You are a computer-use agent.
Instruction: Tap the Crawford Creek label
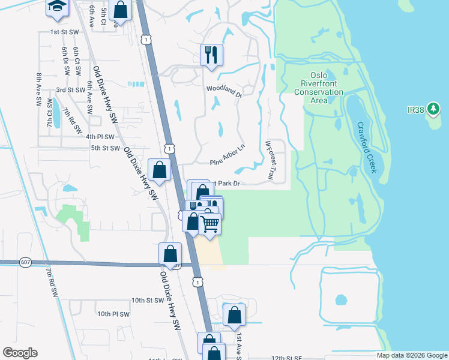(x=366, y=147)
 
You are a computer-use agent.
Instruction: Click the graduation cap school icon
(x=58, y=7)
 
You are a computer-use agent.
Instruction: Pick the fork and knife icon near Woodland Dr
(x=211, y=55)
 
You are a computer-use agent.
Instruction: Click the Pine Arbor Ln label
(x=228, y=154)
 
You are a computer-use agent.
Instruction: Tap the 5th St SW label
(x=106, y=148)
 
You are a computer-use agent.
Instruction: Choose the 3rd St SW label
(x=71, y=90)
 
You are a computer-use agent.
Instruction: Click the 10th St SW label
(x=146, y=300)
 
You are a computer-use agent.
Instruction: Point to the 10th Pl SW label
(x=113, y=314)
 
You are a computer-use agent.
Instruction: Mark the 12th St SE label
(x=286, y=358)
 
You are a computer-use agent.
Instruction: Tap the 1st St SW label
(x=64, y=32)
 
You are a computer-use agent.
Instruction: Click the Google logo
(x=20, y=353)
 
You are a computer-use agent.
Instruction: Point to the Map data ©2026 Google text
(x=411, y=355)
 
